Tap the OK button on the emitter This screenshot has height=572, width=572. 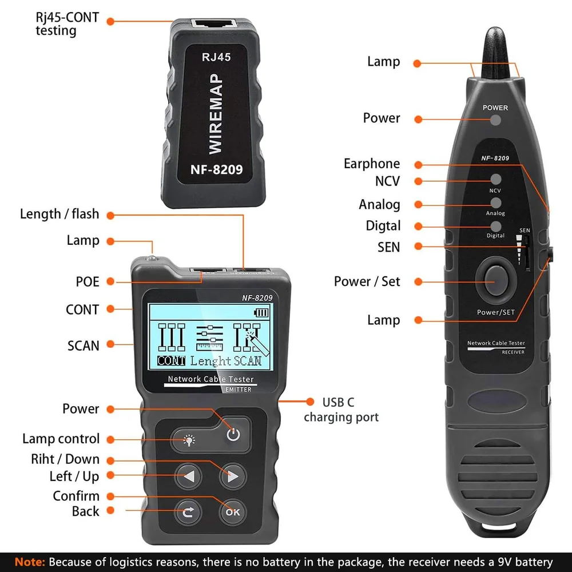233,512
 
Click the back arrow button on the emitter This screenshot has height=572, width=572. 188,512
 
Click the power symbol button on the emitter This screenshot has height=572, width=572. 233,434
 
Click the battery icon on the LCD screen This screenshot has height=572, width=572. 261,313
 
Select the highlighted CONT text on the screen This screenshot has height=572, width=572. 171,361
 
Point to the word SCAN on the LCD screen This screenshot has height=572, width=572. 248,361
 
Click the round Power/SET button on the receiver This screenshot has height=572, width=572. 496,280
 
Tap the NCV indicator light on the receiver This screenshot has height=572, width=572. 496,179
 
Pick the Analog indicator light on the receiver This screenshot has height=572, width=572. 496,203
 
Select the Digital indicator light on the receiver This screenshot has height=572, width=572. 496,226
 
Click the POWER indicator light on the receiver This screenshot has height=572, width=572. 495,120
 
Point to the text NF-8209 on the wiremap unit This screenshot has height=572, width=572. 216,170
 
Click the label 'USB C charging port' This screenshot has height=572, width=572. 341,410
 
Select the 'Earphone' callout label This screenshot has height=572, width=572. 372,164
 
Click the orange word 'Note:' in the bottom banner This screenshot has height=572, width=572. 30,562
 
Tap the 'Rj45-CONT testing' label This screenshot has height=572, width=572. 67,24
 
